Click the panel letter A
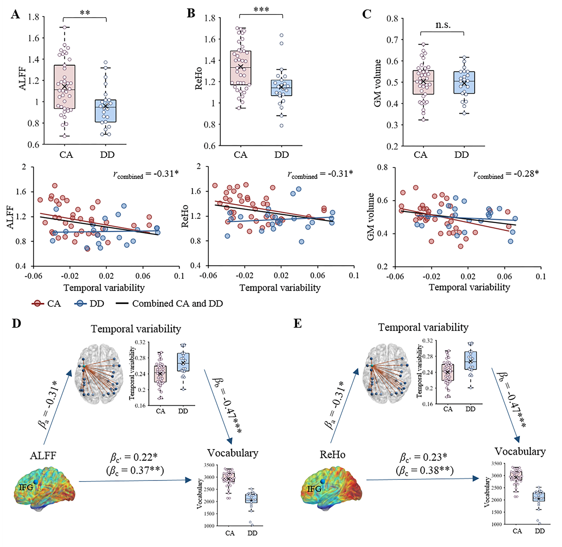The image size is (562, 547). [16, 14]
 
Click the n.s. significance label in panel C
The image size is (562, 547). [443, 25]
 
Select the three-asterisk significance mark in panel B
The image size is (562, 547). [261, 10]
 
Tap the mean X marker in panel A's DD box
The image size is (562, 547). [105, 106]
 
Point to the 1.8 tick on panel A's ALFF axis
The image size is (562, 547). [34, 17]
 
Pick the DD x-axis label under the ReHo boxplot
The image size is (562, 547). [281, 155]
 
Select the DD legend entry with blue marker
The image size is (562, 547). [89, 304]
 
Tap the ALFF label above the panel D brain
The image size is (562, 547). [43, 455]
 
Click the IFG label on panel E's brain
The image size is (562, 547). [314, 488]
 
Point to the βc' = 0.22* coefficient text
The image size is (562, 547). [134, 457]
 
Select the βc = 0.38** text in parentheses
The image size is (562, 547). [424, 470]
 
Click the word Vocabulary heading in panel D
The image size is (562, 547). [233, 453]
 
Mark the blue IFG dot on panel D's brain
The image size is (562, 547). [36, 482]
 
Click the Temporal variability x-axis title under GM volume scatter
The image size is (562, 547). [469, 287]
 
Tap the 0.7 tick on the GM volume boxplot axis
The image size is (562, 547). [393, 40]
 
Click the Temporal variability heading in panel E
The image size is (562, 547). [423, 327]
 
